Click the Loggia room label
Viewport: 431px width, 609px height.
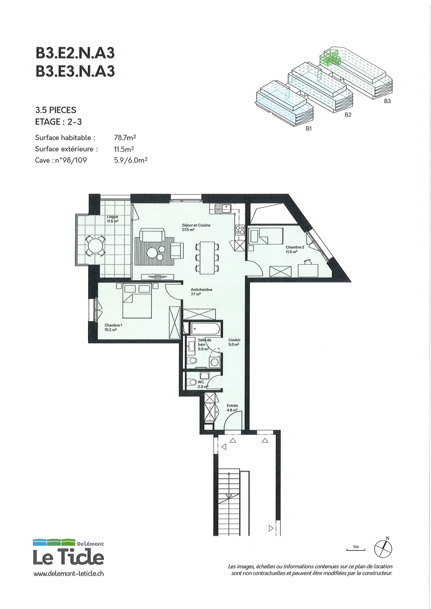(112, 219)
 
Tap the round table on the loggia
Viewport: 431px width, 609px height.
(95, 246)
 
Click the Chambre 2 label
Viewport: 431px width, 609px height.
(295, 249)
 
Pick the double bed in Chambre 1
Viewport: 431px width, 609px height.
(137, 300)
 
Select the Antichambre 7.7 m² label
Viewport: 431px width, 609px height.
(201, 292)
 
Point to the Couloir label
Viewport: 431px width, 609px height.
(235, 342)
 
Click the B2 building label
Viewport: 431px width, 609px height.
(348, 115)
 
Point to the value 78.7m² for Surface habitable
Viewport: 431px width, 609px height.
(125, 137)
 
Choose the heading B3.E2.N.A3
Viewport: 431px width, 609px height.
(75, 53)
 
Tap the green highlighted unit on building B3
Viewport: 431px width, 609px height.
(329, 57)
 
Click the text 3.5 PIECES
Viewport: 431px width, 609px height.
(56, 110)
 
